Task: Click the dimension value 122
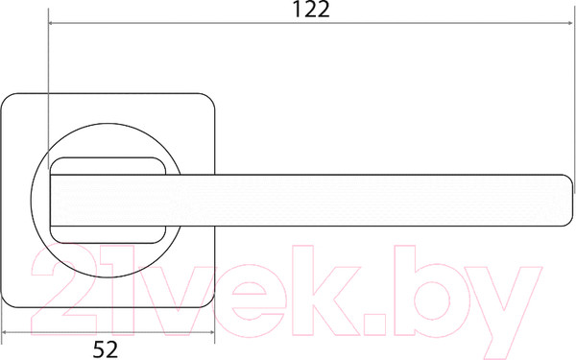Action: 311,10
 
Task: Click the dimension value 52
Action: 106,349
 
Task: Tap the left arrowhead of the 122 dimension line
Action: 52,23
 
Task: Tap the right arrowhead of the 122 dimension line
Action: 569,23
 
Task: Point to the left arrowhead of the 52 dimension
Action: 5,332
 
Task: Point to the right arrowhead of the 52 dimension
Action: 211,332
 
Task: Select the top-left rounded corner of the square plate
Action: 7,99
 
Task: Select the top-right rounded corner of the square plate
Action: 209,99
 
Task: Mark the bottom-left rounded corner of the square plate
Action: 7,301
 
